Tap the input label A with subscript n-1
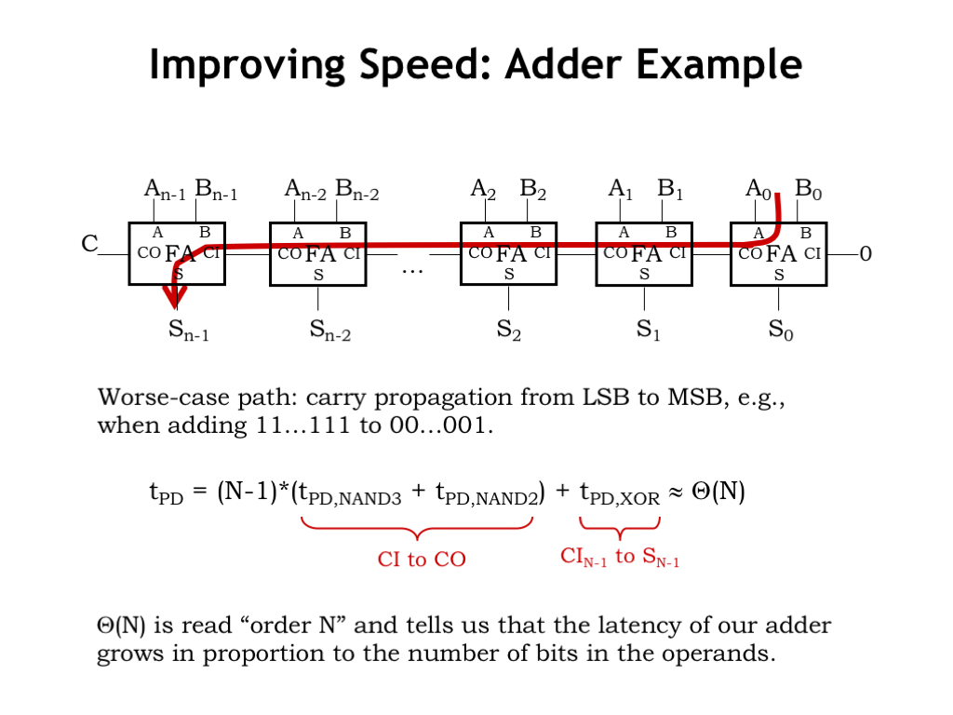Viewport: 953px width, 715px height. click(165, 190)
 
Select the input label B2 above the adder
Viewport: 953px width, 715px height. click(532, 190)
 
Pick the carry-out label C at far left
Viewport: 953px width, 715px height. click(89, 244)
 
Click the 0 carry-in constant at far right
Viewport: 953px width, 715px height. click(866, 253)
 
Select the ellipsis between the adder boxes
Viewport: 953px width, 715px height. click(411, 270)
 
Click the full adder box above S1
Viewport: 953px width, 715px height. click(644, 253)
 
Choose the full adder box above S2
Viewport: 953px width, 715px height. click(508, 253)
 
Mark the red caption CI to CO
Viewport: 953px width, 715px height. click(422, 559)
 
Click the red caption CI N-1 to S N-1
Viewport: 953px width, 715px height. click(619, 558)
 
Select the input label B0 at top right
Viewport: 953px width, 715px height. click(808, 190)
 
